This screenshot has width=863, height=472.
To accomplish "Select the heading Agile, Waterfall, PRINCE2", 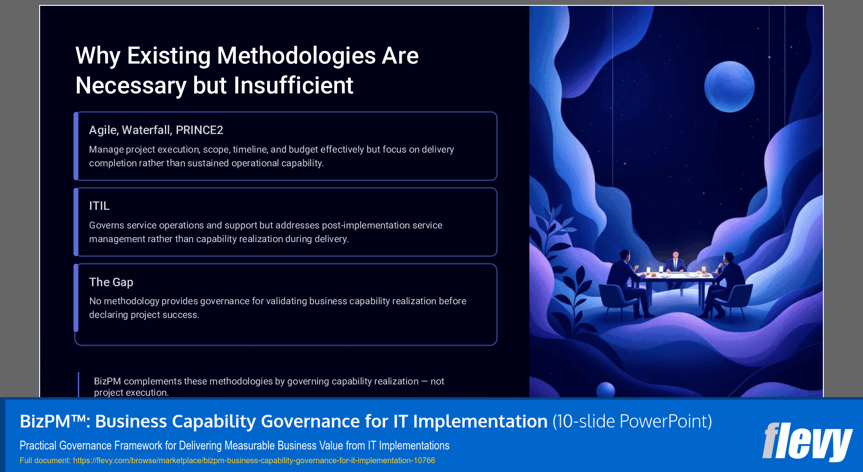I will pos(156,130).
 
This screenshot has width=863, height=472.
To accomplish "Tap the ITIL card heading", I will pos(99,206).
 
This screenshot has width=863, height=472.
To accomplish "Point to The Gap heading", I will pos(111,282).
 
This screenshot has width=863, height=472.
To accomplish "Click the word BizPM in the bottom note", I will pos(107,382).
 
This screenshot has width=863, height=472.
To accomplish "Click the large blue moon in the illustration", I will pos(729,87).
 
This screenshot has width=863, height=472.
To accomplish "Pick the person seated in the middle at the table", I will pos(676,263).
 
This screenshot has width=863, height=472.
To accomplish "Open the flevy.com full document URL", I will pos(254,461).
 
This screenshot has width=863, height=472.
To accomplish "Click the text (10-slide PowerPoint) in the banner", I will pos(632,422).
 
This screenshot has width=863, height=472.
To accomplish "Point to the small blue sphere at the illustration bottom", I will pos(606,390).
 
